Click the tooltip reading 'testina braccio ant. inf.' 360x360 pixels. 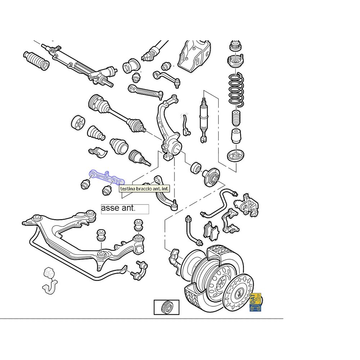point(144,189)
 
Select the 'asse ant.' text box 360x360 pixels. point(125,209)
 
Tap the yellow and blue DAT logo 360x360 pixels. point(255,302)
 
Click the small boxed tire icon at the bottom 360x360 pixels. point(166,307)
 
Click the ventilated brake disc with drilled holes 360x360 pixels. point(238,293)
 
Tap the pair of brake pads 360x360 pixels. point(211,231)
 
